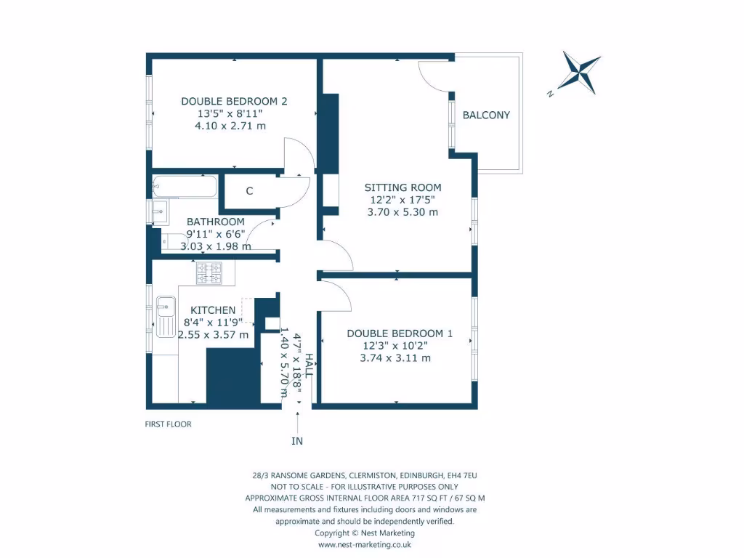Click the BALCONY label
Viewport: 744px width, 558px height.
point(486,115)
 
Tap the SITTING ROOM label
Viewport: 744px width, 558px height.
point(403,187)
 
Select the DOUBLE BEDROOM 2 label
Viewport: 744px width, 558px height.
point(234,101)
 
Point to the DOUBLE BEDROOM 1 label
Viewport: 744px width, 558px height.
point(400,333)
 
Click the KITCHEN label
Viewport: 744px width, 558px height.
point(213,310)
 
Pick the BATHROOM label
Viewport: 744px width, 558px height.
point(215,222)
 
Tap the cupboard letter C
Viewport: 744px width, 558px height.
point(249,191)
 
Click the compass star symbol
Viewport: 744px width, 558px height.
point(580,73)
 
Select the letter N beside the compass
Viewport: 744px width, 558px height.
point(550,94)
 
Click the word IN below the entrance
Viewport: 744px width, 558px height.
point(297,441)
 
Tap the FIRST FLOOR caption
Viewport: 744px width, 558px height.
point(168,424)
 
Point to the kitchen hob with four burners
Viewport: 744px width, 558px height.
point(209,273)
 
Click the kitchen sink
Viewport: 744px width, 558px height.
point(166,317)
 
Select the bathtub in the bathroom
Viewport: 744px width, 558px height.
point(185,187)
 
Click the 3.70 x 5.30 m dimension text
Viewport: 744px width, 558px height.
point(403,212)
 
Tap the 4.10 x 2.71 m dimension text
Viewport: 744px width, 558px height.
point(230,126)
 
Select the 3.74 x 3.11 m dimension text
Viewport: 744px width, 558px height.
point(395,357)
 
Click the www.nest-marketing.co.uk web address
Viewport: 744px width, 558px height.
point(365,545)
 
